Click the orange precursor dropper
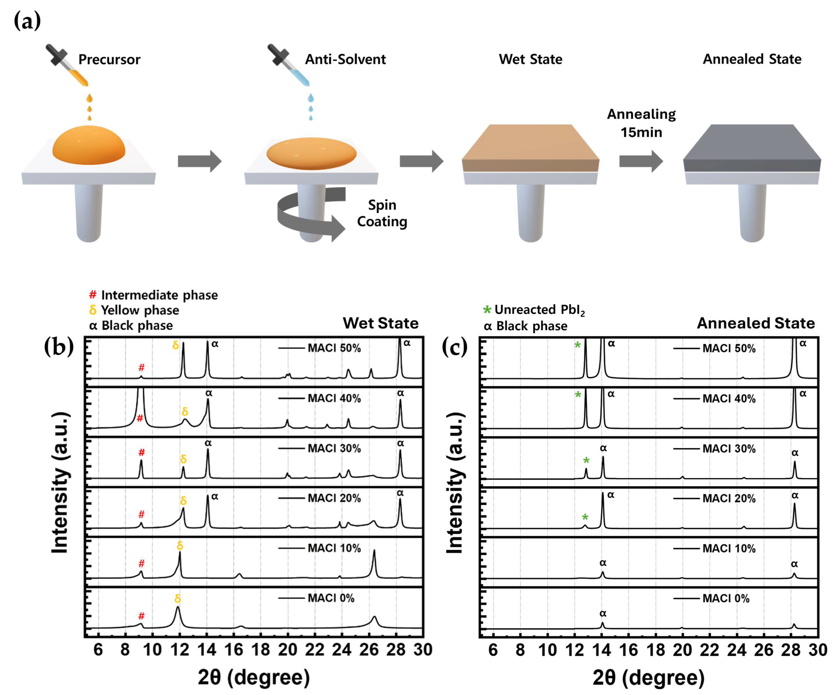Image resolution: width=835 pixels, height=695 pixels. [x=68, y=66]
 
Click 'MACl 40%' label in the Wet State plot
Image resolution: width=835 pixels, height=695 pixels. [x=334, y=398]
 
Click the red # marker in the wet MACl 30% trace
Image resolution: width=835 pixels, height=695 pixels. [x=142, y=453]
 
